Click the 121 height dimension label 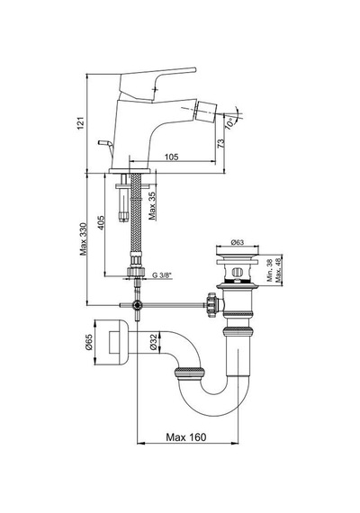click(x=81, y=123)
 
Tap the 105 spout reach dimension click(x=172, y=157)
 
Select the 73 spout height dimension click(x=221, y=142)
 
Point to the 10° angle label click(x=231, y=123)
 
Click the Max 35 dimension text click(x=152, y=205)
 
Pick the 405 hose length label click(x=101, y=222)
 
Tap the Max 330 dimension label click(x=84, y=239)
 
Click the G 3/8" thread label click(x=162, y=275)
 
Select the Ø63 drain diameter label click(x=238, y=242)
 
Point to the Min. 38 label click(x=270, y=270)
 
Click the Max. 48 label click(x=278, y=270)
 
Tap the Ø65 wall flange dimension click(x=89, y=342)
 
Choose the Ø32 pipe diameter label click(x=154, y=343)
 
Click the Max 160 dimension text click(x=186, y=437)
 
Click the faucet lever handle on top click(x=157, y=85)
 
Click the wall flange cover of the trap click(x=111, y=342)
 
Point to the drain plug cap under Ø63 click(x=238, y=250)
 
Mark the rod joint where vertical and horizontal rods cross click(x=138, y=305)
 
